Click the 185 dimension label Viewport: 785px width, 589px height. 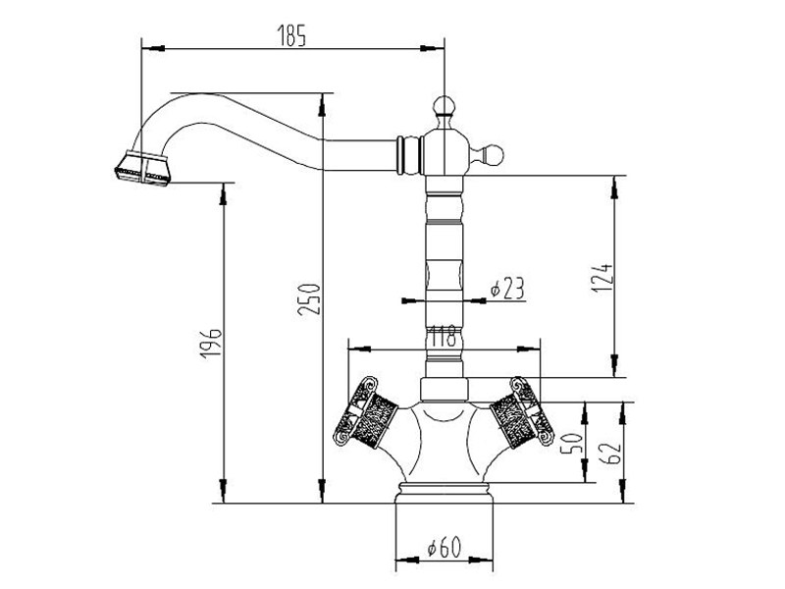click(x=292, y=37)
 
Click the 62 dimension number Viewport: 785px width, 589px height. click(x=612, y=453)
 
